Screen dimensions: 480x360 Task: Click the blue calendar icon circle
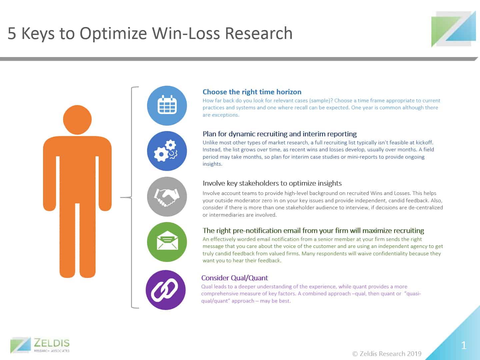(167, 106)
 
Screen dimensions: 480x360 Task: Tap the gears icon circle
(167, 151)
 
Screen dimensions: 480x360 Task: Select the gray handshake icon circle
(167, 197)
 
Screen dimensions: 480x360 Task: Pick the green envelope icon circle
(167, 242)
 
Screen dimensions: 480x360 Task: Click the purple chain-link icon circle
(166, 290)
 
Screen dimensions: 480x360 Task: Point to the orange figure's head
(77, 120)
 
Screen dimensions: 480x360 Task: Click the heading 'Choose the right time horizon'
(252, 92)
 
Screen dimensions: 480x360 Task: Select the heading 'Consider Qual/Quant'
(234, 278)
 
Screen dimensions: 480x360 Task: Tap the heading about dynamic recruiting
(279, 134)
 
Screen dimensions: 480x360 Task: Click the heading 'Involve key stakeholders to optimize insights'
(272, 183)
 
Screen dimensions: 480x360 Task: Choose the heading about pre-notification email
(313, 230)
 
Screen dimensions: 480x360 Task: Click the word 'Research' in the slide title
(259, 33)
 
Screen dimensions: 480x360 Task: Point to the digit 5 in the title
(12, 33)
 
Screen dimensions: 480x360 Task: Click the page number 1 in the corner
(464, 345)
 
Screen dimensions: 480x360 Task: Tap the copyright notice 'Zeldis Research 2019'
(387, 354)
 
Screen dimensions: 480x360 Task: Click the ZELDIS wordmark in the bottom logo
(52, 343)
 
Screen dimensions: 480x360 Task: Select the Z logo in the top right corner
(454, 29)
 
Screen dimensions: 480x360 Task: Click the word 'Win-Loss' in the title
(186, 33)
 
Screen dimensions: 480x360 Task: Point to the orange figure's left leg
(67, 240)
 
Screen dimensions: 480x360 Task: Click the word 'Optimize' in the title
(113, 34)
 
